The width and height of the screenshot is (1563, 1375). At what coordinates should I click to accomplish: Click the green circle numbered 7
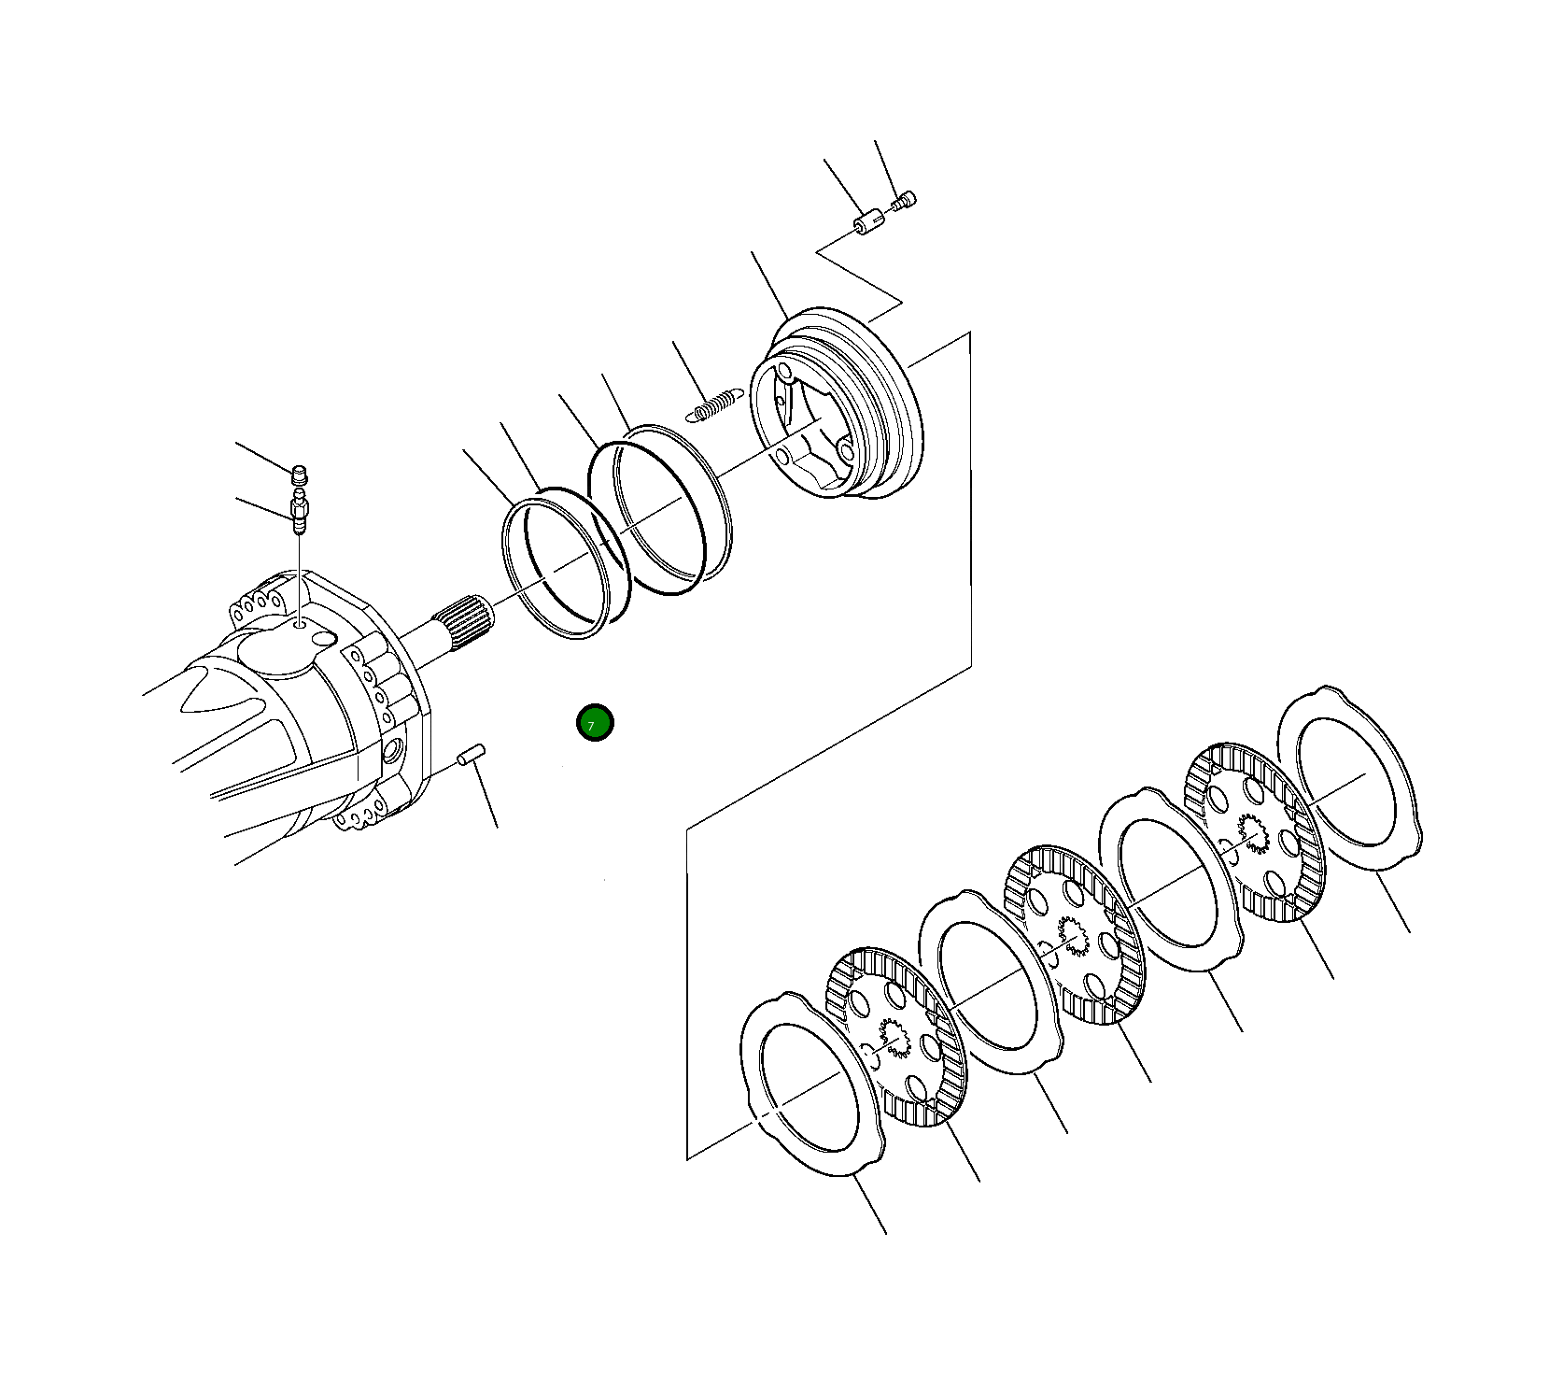(595, 722)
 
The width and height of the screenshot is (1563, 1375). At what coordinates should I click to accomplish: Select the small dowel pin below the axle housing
(472, 753)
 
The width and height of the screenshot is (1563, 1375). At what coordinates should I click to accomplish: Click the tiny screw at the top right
(905, 200)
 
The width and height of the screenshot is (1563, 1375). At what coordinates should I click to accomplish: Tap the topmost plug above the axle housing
(300, 474)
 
